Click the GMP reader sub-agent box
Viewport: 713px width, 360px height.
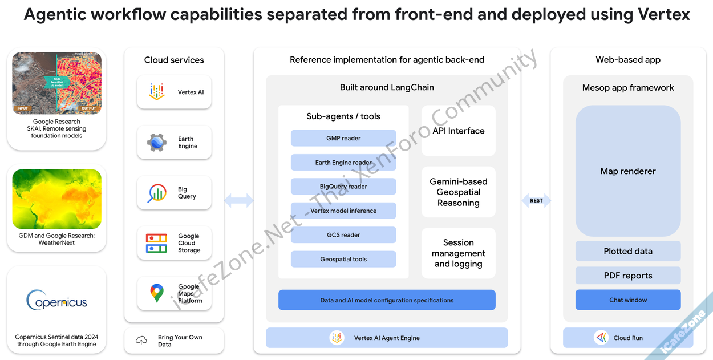[x=343, y=138]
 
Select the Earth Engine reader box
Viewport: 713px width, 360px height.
[x=343, y=163]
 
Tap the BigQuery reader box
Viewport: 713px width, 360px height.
[x=343, y=187]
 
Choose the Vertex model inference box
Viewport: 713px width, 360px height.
[x=343, y=211]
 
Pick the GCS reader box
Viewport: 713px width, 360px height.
[x=343, y=235]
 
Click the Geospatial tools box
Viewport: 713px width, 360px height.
[x=343, y=259]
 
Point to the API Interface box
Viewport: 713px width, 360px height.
[x=458, y=131]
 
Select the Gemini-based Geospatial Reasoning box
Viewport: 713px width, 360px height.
[x=458, y=192]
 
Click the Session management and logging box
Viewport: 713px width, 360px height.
[x=458, y=253]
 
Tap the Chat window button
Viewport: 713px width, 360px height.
[x=627, y=300]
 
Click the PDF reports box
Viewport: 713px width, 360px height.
[x=627, y=276]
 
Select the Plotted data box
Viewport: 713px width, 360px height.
[x=627, y=251]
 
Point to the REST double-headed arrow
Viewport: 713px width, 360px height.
[x=536, y=200]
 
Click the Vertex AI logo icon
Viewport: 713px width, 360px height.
[x=156, y=92]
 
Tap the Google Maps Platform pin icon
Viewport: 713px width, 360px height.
[x=156, y=293]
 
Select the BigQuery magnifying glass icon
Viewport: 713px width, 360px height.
[x=156, y=193]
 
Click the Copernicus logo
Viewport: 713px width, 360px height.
[x=56, y=300]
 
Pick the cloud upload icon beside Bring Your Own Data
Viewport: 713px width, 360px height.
[x=141, y=341]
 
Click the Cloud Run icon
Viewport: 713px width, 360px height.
[x=601, y=338]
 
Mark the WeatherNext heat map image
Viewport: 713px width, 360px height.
[x=56, y=199]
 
